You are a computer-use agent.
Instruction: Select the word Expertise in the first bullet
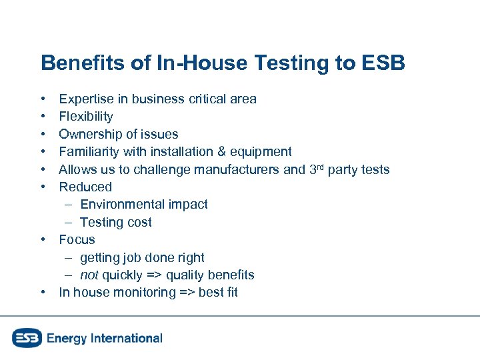coord(84,99)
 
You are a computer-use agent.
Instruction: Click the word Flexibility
coord(86,117)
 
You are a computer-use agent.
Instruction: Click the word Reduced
coord(85,187)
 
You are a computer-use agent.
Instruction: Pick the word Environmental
coord(124,204)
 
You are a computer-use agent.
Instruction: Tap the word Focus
coord(77,239)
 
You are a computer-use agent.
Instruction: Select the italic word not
coord(89,275)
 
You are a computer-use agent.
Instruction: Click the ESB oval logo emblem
coord(27,338)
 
